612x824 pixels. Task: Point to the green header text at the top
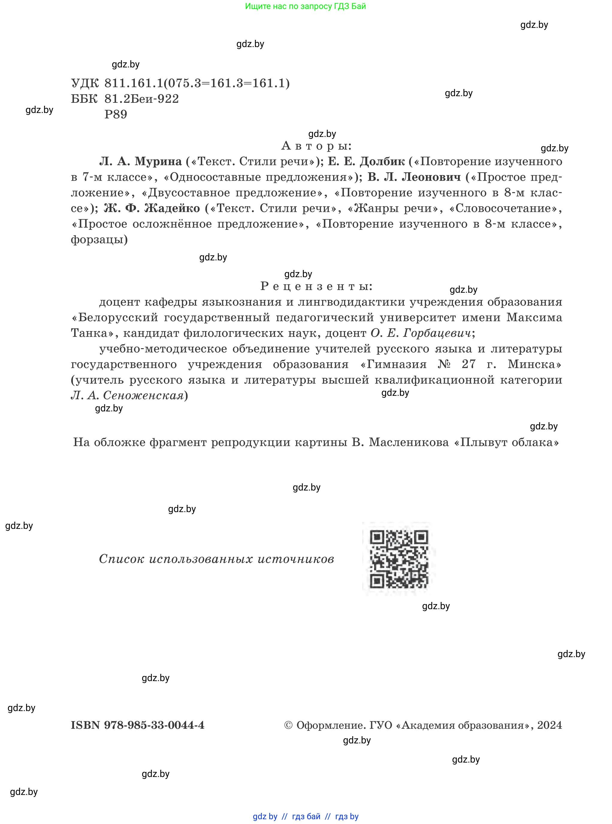pos(305,6)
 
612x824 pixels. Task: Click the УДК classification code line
pos(180,83)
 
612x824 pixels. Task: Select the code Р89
pos(116,114)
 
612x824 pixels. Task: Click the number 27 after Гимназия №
pos(468,364)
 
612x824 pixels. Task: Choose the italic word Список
pos(121,559)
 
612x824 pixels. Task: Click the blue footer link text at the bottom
pos(306,816)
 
